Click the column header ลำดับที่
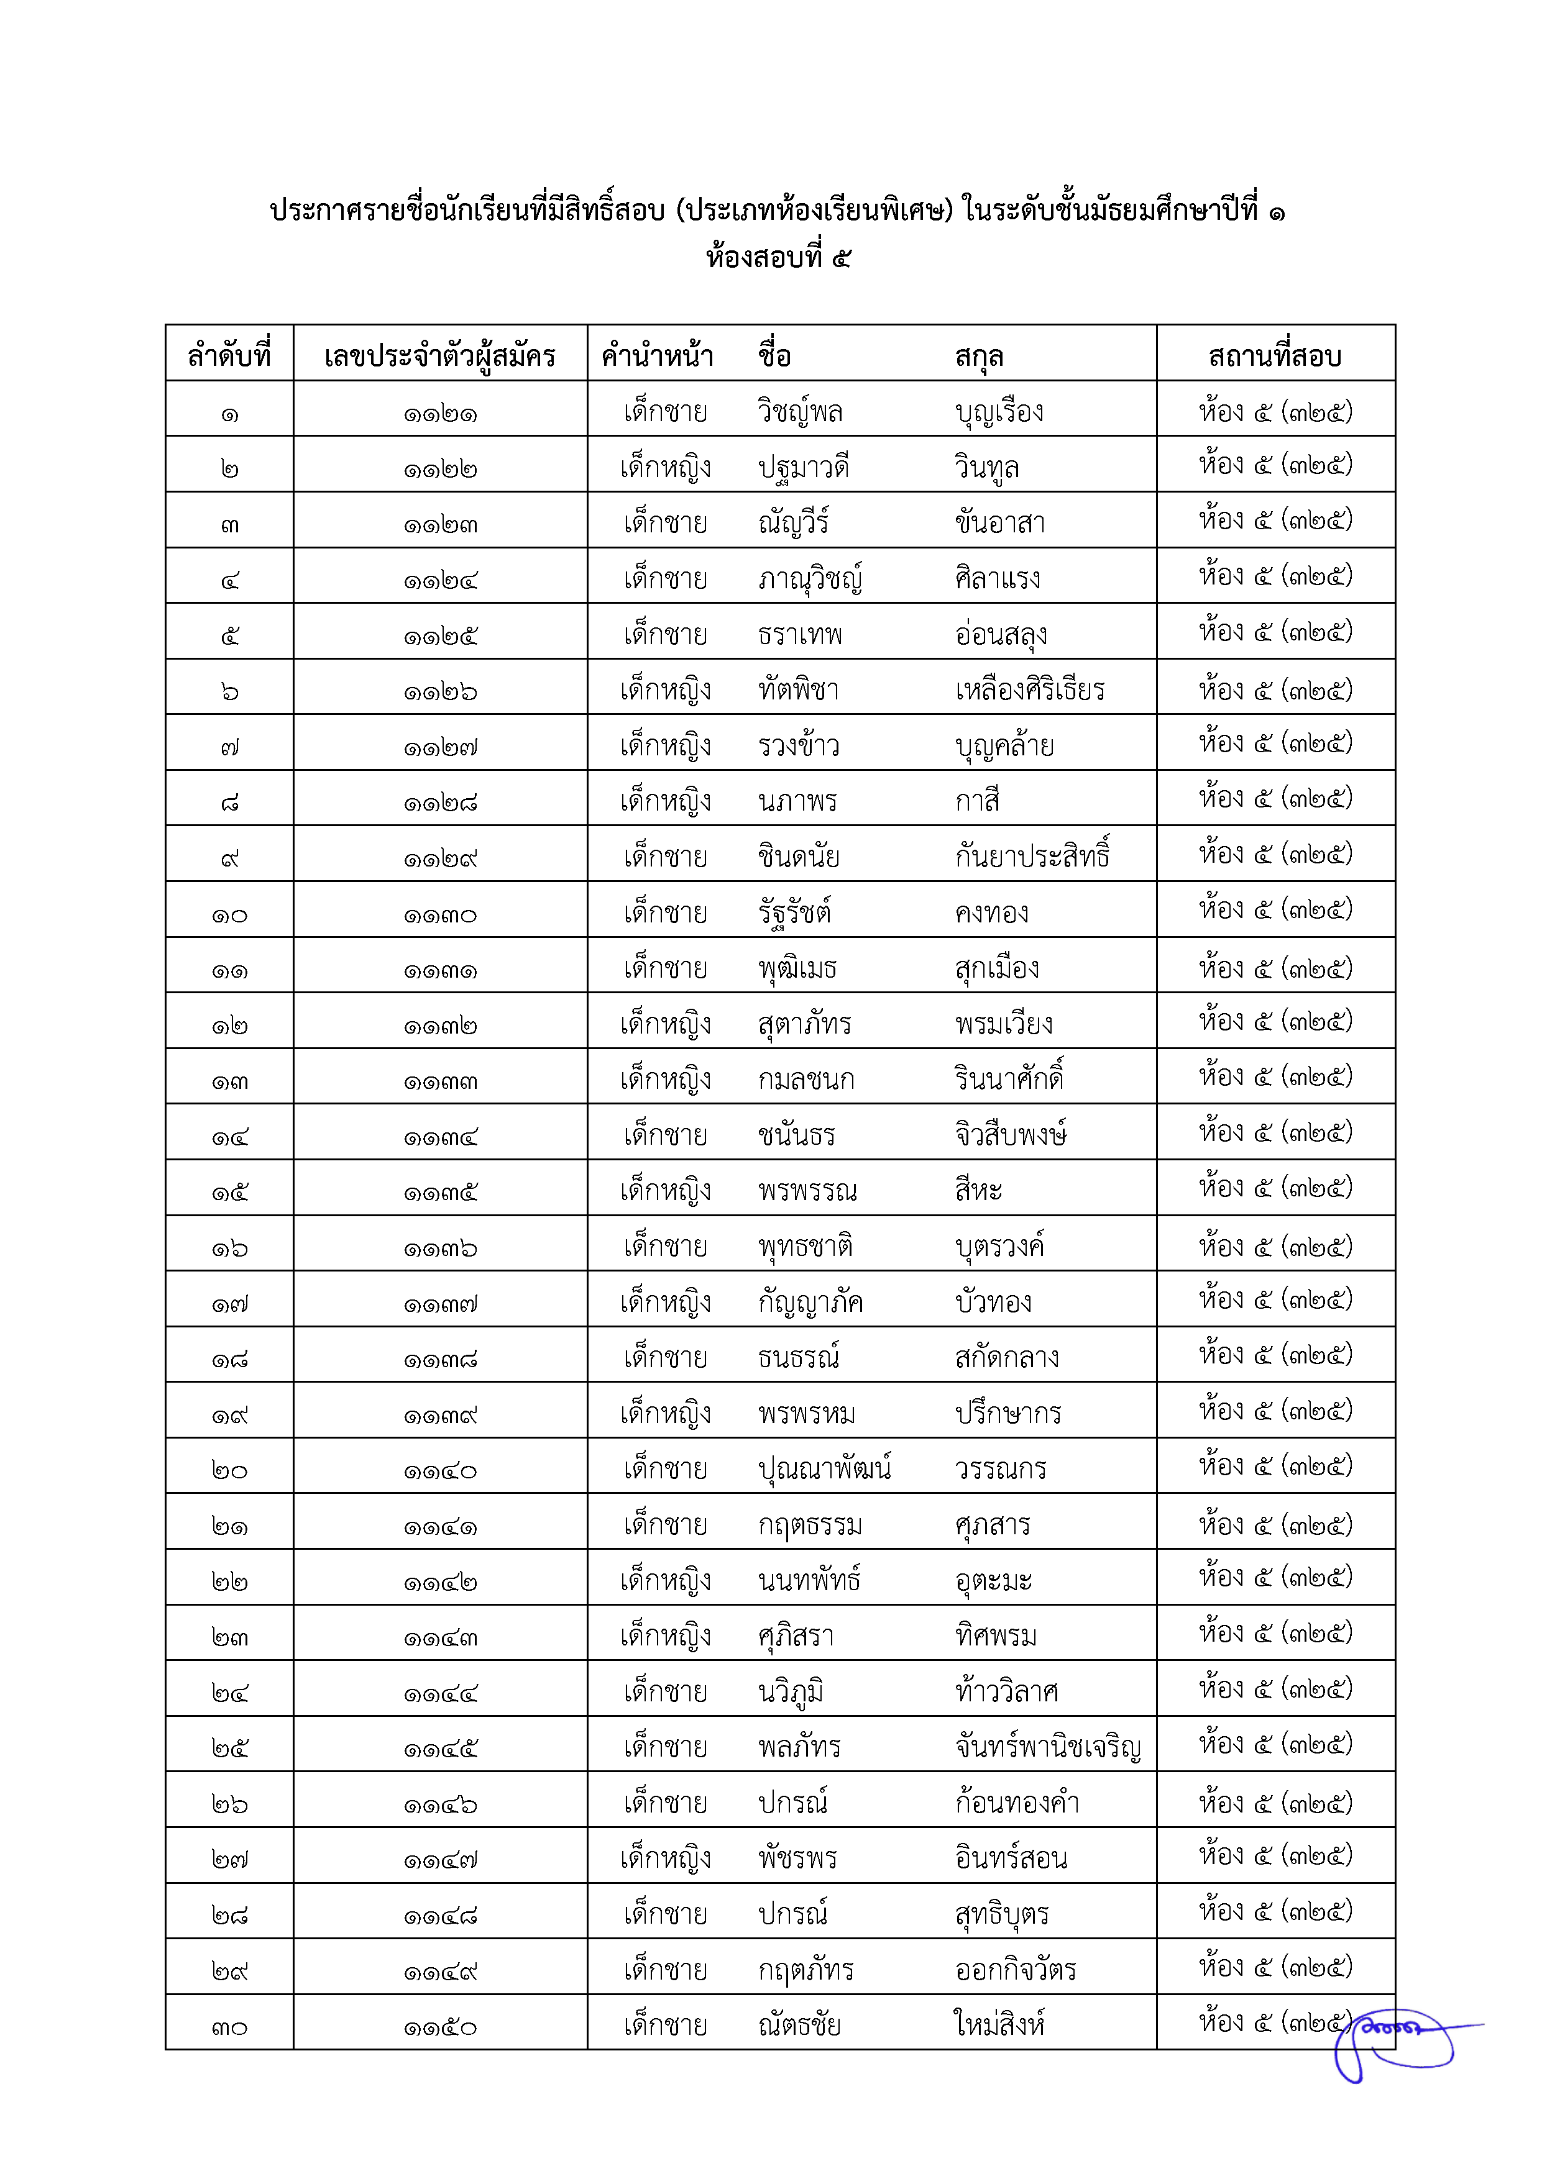coord(229,356)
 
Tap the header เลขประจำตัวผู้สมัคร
coord(439,356)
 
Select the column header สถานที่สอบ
coord(1274,356)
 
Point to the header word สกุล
coord(979,356)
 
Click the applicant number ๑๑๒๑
coord(439,414)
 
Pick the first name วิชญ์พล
coord(801,412)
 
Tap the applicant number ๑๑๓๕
coord(439,1192)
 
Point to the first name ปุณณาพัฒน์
coord(824,1469)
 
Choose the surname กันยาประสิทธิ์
coord(1032,856)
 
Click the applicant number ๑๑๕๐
coord(439,2027)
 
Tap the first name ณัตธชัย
coord(799,2025)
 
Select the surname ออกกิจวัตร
coord(1015,1969)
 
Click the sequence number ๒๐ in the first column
coord(229,1471)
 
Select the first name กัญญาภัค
coord(810,1302)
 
